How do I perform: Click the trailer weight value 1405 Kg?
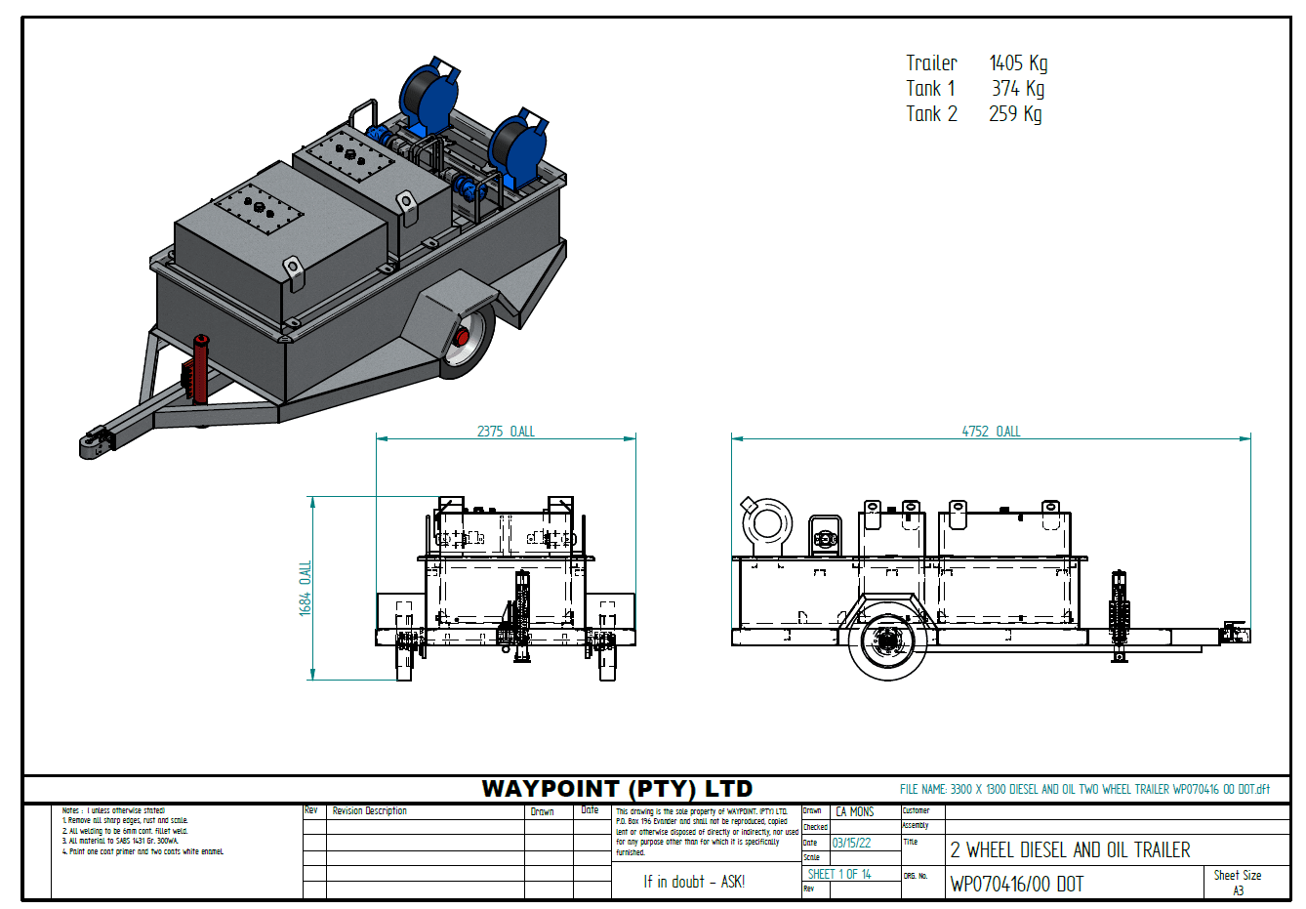(1018, 63)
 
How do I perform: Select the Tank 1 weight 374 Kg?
(1018, 89)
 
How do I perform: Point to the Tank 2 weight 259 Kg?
(1015, 114)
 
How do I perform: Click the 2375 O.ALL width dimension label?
(506, 432)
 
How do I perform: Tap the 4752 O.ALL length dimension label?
(991, 432)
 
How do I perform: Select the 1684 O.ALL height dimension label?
(306, 588)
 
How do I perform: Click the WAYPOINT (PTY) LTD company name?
(617, 789)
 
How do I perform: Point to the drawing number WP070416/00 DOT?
(1016, 885)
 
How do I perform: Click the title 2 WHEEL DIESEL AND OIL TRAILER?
(1070, 850)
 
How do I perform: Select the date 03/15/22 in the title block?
(851, 843)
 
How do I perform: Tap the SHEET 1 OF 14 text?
(839, 875)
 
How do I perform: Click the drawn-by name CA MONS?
(855, 811)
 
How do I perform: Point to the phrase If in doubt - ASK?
(693, 882)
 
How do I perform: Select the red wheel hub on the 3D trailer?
(463, 338)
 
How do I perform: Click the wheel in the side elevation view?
(888, 642)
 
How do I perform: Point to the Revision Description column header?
(369, 811)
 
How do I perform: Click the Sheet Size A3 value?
(1238, 890)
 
